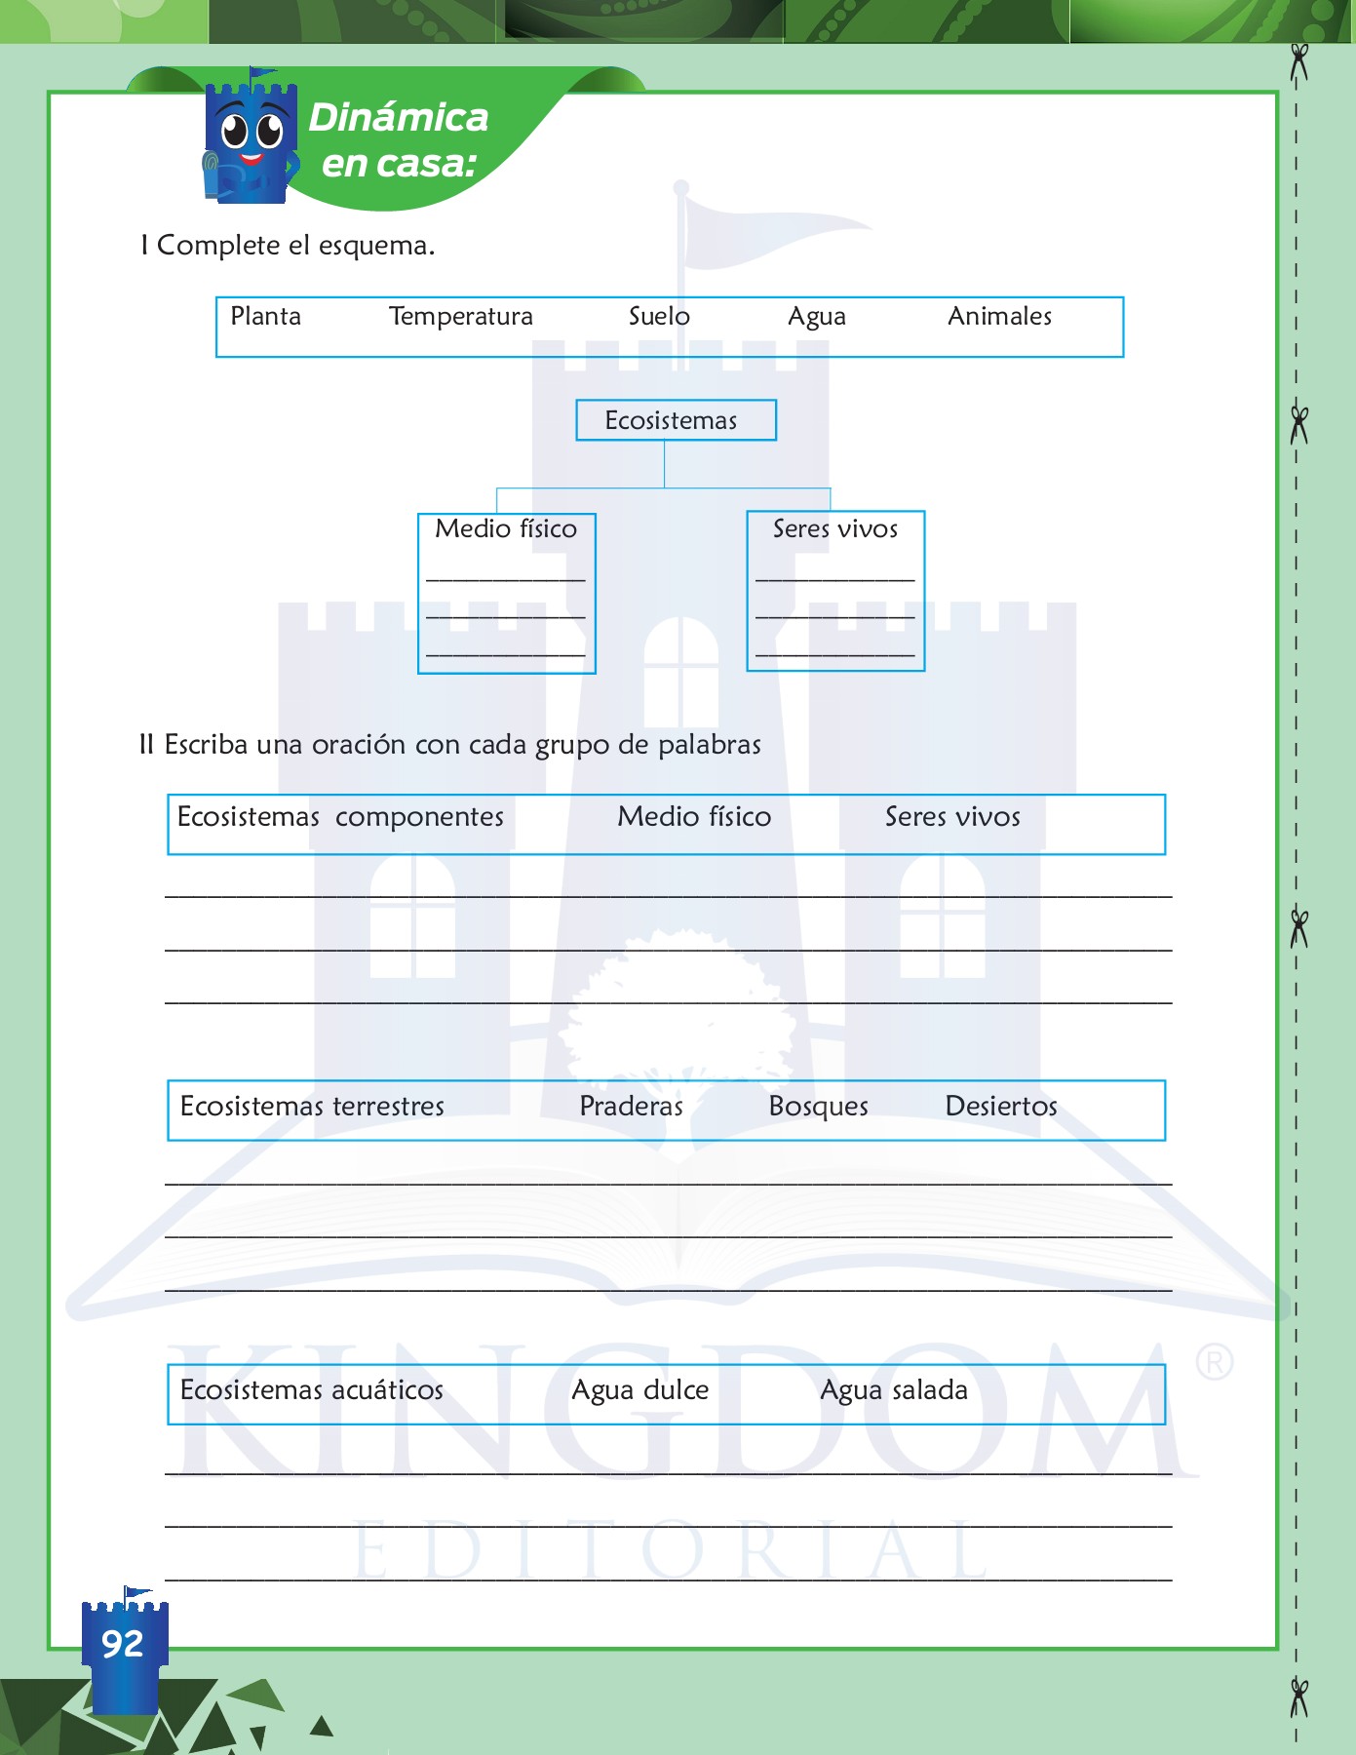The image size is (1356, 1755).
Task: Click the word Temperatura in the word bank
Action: point(460,317)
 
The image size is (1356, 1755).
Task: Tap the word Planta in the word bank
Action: point(265,317)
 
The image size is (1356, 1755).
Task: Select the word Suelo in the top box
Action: point(659,317)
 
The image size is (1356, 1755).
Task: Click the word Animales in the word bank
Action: point(999,317)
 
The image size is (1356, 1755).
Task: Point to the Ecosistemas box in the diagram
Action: point(675,420)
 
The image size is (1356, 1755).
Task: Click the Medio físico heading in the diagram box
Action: point(506,529)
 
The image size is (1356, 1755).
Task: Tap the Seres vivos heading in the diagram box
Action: point(835,529)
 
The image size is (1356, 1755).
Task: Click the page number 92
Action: point(123,1645)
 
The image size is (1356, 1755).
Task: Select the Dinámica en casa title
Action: point(398,140)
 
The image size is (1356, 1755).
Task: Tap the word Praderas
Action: point(631,1107)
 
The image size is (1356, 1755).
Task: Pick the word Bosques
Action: point(818,1107)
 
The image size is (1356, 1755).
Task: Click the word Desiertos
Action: point(1001,1107)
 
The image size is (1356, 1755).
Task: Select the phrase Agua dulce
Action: point(639,1390)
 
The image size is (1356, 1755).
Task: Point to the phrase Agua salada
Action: point(893,1390)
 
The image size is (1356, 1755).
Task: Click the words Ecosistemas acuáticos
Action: point(312,1390)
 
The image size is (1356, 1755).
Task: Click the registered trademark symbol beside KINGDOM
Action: point(1215,1362)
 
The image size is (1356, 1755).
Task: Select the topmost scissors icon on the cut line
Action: point(1298,62)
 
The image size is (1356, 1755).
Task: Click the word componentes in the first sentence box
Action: point(419,817)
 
